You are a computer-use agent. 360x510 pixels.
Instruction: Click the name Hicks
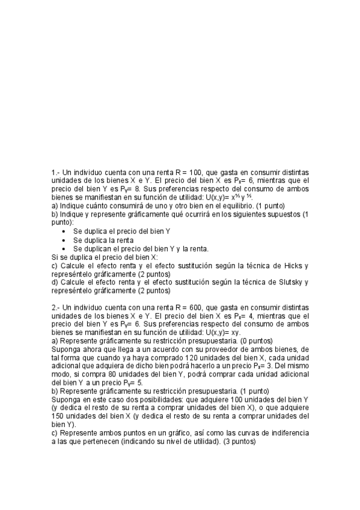tap(293, 265)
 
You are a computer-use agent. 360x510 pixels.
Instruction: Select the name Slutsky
tap(291, 282)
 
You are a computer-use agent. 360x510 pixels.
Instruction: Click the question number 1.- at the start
tap(56, 173)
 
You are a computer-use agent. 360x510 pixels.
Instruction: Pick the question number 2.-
tap(56, 307)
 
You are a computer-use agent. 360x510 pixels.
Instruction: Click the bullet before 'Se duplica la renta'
tap(64, 240)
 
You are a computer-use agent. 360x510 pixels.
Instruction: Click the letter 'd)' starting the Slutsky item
tap(55, 282)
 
